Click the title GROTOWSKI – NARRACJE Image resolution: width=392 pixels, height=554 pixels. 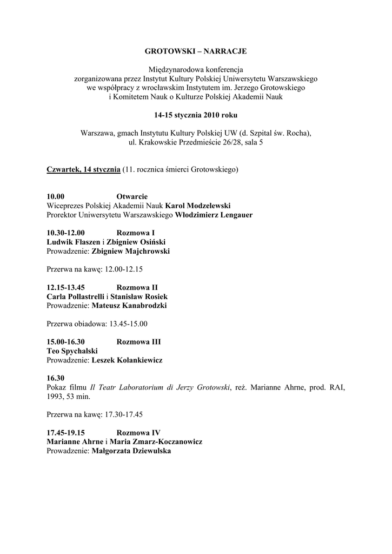tap(196, 51)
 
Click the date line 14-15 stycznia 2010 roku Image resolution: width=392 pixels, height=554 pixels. tap(196, 115)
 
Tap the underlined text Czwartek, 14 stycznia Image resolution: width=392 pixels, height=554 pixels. tap(84, 169)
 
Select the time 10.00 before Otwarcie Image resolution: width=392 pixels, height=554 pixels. tap(56, 196)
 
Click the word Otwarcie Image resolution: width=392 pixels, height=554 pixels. tap(132, 196)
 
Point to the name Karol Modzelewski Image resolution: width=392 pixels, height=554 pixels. tap(198, 206)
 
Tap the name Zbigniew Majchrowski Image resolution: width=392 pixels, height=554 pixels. tap(131, 252)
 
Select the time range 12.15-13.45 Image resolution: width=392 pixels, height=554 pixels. tap(66, 288)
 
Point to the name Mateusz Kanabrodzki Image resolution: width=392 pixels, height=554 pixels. tap(129, 306)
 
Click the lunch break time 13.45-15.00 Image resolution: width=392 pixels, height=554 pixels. tap(128, 324)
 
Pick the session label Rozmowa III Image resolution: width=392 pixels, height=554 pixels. tap(138, 342)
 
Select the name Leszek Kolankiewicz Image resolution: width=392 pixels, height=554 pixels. tap(127, 360)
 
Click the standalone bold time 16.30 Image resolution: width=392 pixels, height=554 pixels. tap(56, 378)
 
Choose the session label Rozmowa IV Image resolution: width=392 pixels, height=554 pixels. tap(138, 433)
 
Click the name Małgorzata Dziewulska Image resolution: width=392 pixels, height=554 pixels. tap(131, 451)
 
